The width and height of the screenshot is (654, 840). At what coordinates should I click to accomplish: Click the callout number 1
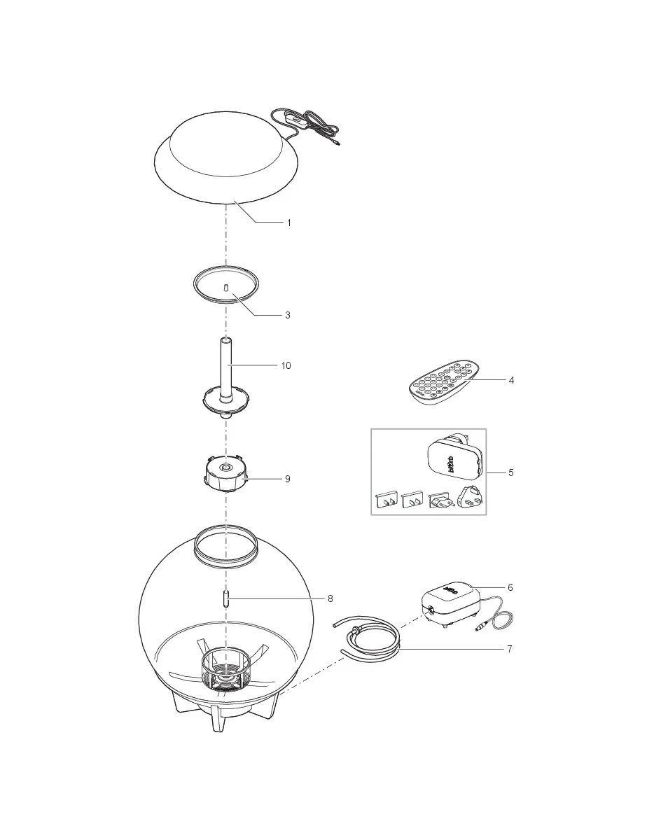(x=288, y=223)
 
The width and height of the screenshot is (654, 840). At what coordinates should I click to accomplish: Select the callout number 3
(x=287, y=315)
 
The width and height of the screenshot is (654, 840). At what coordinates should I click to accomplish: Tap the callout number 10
(x=286, y=365)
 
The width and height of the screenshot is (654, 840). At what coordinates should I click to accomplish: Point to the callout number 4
(x=511, y=380)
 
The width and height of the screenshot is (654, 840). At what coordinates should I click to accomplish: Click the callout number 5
(x=511, y=472)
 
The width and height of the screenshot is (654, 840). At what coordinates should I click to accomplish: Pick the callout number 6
(x=510, y=587)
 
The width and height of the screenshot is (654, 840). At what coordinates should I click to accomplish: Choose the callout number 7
(x=510, y=649)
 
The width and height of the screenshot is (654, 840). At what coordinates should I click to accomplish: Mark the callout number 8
(x=330, y=598)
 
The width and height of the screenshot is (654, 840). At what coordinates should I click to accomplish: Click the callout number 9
(x=287, y=479)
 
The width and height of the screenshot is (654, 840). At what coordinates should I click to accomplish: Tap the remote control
(x=445, y=383)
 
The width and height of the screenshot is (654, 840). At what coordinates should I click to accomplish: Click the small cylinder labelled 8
(x=226, y=598)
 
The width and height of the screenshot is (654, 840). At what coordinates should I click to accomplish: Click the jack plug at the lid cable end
(x=337, y=143)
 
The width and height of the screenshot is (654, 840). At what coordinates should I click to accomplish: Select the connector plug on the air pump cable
(x=482, y=626)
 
